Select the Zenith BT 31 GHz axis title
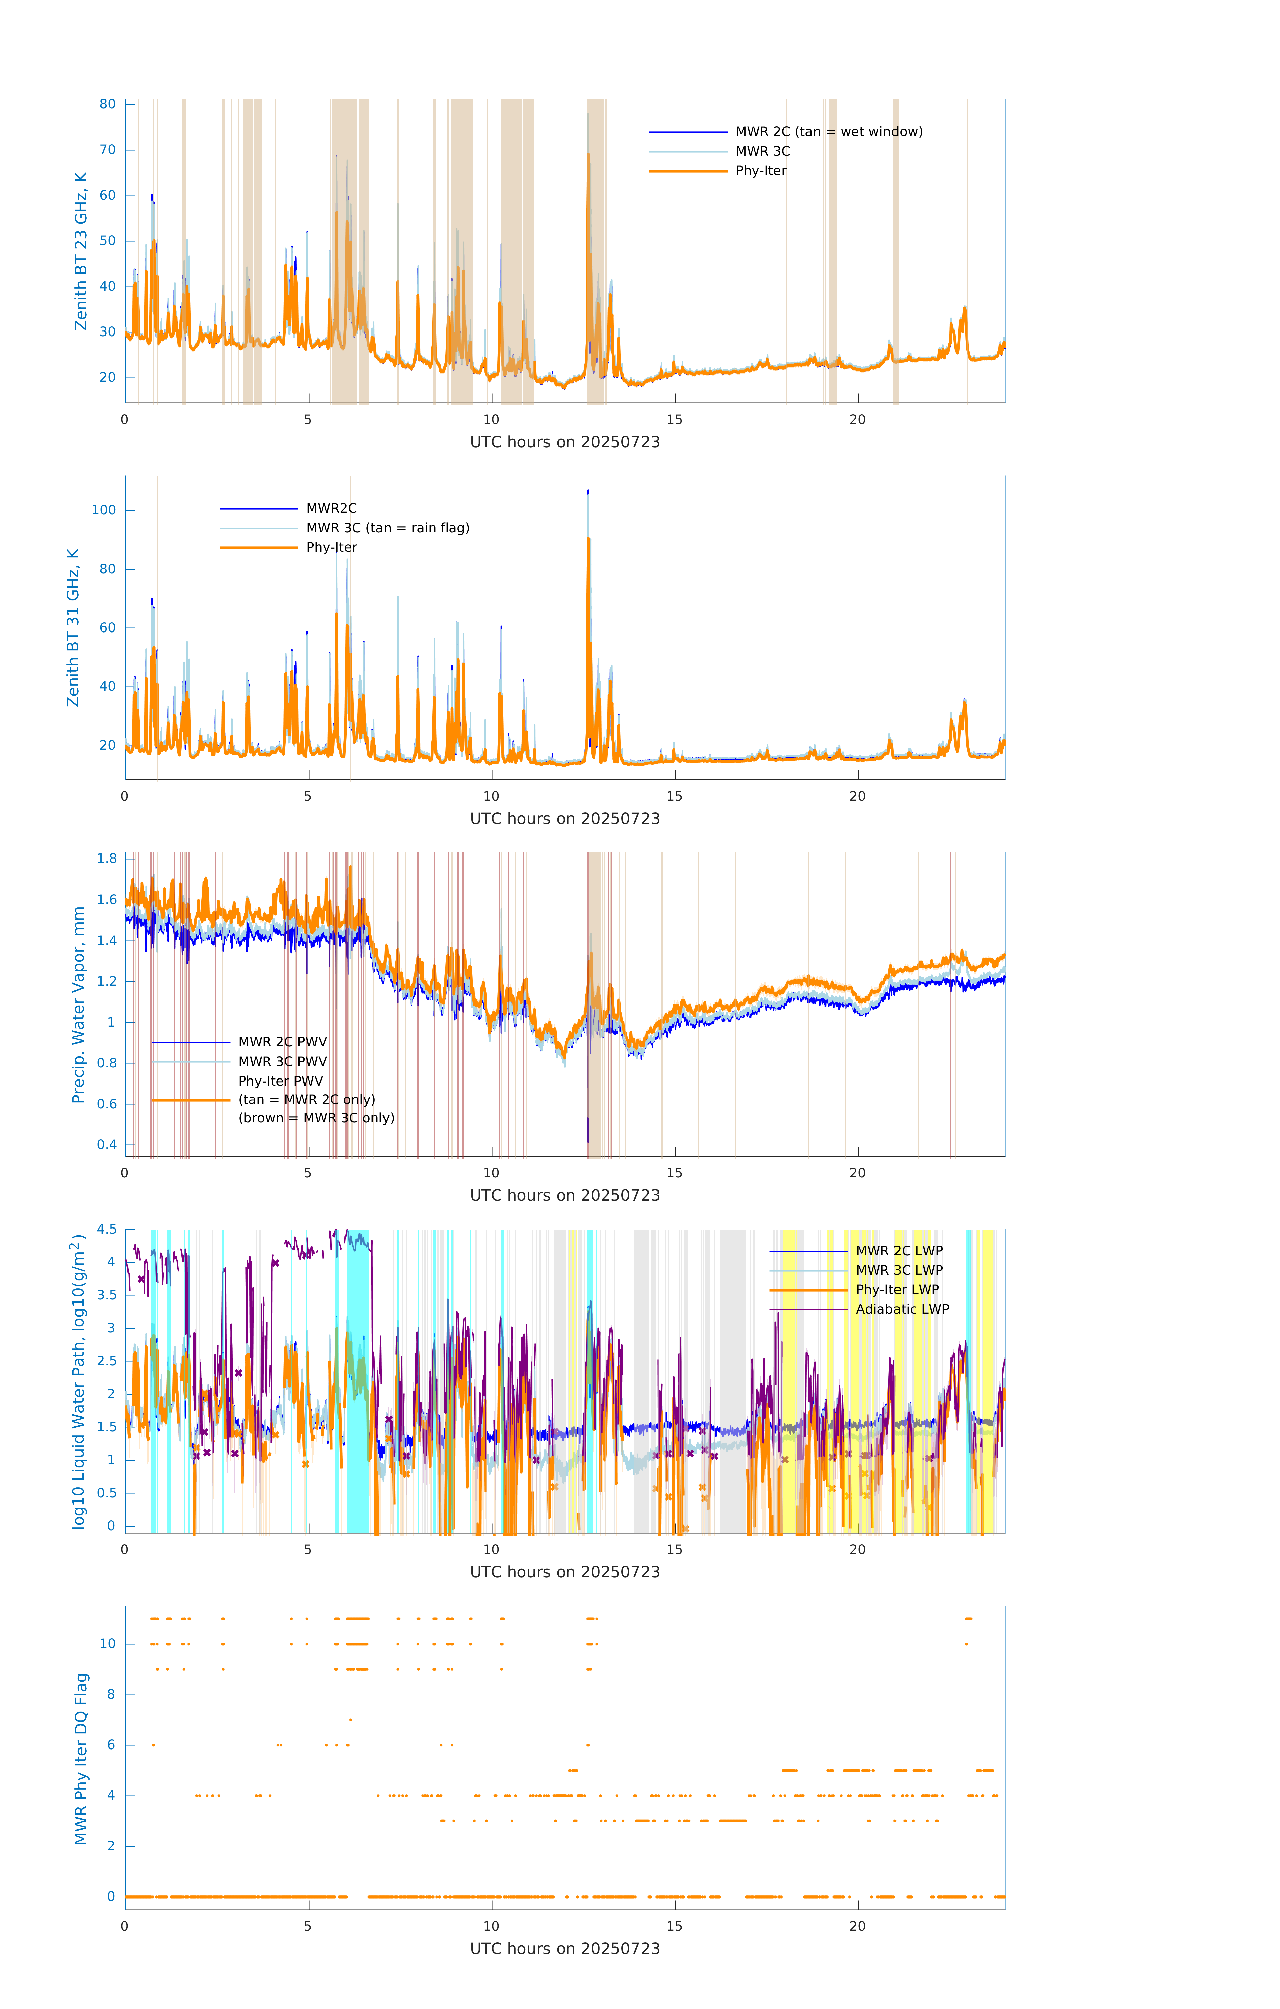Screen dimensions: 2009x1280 pos(73,627)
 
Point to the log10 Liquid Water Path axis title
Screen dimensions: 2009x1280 pos(78,1381)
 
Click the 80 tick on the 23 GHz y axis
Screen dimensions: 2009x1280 pos(107,104)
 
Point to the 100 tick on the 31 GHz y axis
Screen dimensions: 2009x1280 pos(103,510)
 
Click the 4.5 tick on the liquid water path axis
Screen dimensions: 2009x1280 pos(107,1229)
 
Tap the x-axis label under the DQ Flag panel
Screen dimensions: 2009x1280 pos(565,1949)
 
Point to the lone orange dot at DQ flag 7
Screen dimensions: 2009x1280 pos(350,1719)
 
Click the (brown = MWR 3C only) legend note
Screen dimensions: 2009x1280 pos(316,1118)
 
